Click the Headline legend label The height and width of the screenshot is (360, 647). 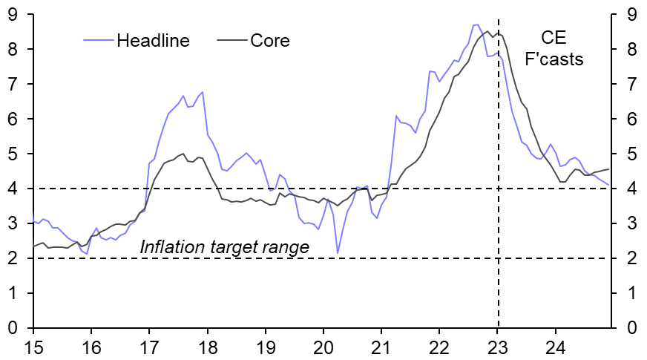coord(154,40)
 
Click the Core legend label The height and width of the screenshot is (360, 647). coord(270,40)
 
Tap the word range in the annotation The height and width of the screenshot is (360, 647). coord(286,247)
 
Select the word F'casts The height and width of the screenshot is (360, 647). coord(554,59)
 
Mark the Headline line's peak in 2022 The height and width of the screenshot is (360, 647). coord(477,24)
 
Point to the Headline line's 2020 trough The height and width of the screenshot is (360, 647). coord(338,253)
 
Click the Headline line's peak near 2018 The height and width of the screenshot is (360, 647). coord(202,92)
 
